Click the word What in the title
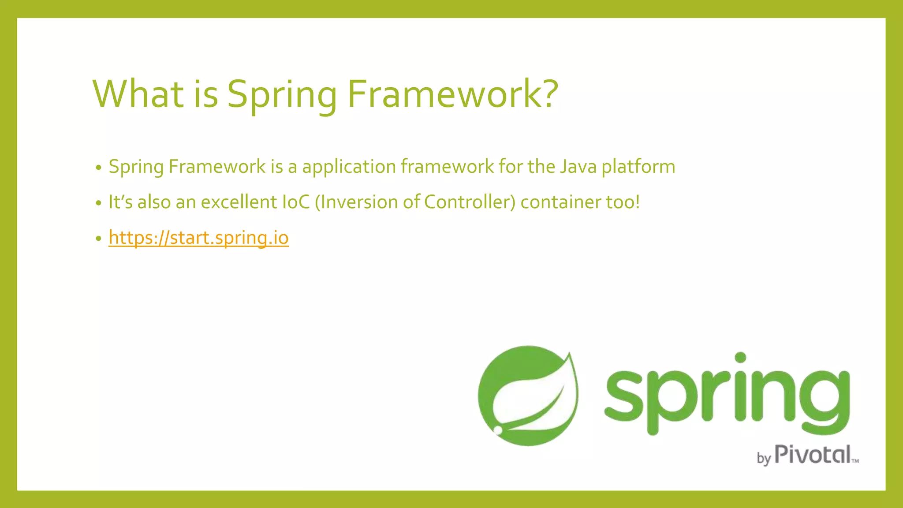138,94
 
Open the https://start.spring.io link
198,238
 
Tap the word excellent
239,202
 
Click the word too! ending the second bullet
623,202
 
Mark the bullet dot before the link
98,239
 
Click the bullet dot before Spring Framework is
98,168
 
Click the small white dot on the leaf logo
498,430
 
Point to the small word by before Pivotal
764,458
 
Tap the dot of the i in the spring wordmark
741,357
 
